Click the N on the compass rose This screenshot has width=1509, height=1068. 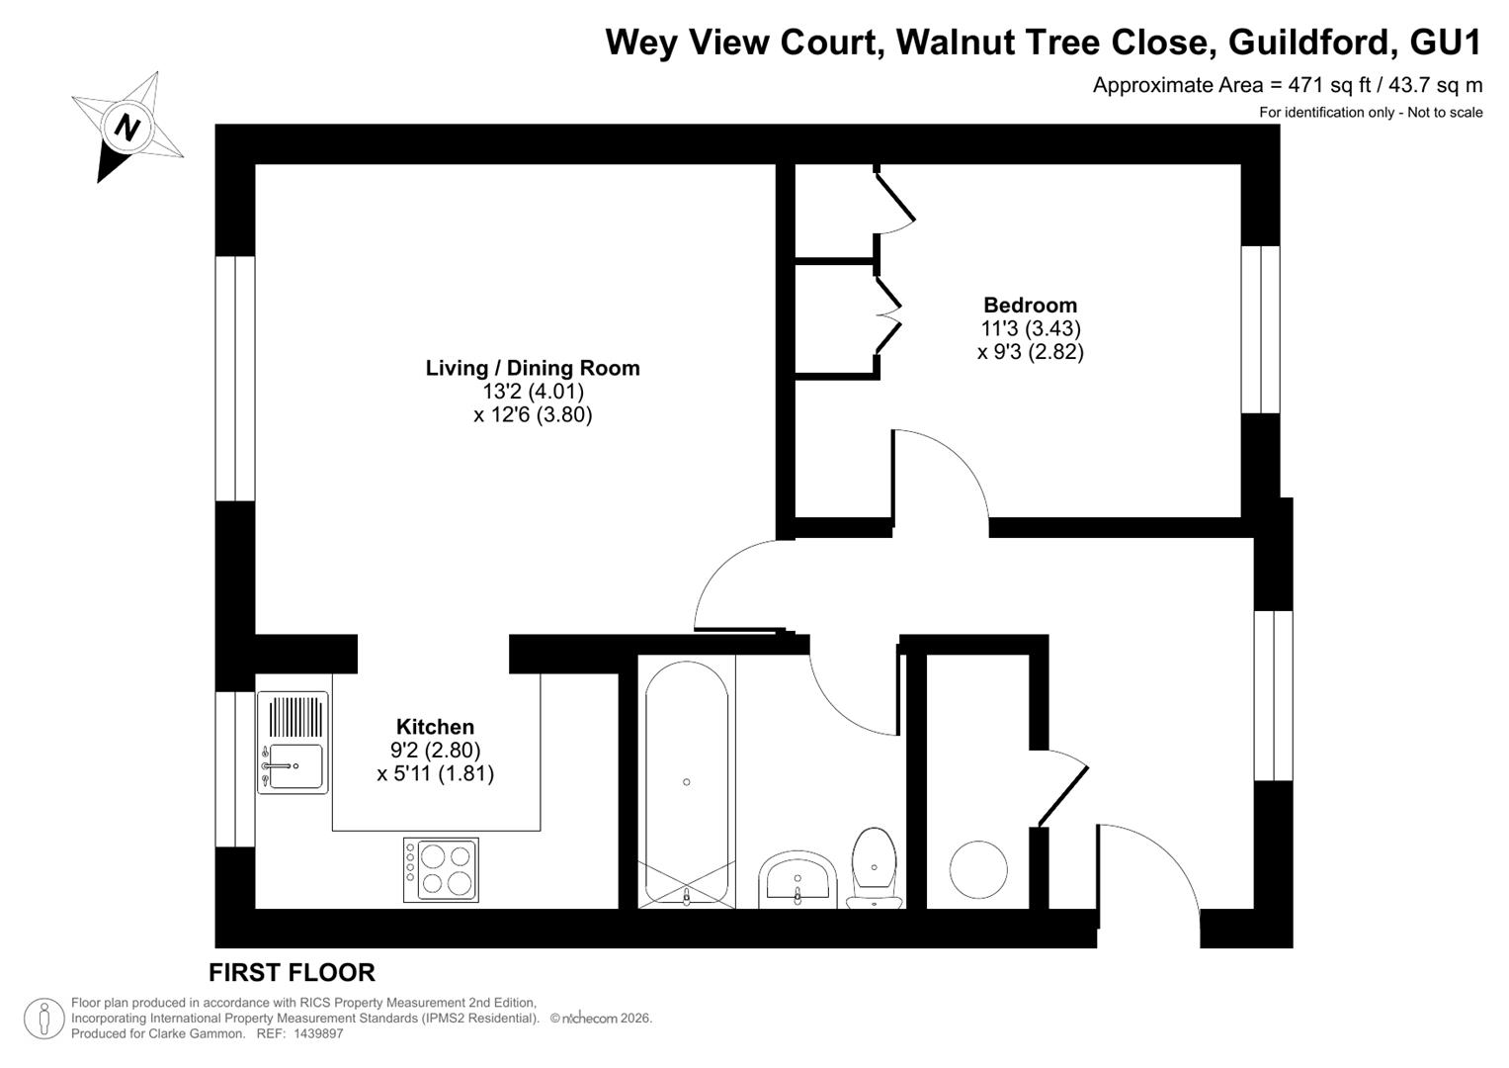[126, 128]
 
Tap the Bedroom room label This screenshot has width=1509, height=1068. [1030, 305]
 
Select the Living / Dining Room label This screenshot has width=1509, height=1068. [533, 368]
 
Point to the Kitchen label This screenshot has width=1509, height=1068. [435, 727]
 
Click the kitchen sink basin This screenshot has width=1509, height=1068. [293, 766]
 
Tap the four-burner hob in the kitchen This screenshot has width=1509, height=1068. [442, 870]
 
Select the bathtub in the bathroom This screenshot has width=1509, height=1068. [687, 783]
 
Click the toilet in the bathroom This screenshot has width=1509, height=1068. [874, 868]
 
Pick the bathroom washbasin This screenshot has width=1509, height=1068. [797, 879]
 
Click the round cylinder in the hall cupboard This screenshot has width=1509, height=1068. [978, 870]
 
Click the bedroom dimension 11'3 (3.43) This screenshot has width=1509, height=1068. [1031, 328]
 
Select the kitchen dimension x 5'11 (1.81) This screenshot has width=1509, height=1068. [435, 773]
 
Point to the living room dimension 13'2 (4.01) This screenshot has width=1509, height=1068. [533, 391]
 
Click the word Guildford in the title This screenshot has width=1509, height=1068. [1307, 42]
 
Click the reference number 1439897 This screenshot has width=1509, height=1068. [318, 1033]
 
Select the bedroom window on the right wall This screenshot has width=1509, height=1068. [1260, 329]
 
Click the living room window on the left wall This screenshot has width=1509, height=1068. [235, 378]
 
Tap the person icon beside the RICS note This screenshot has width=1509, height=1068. [43, 1019]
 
